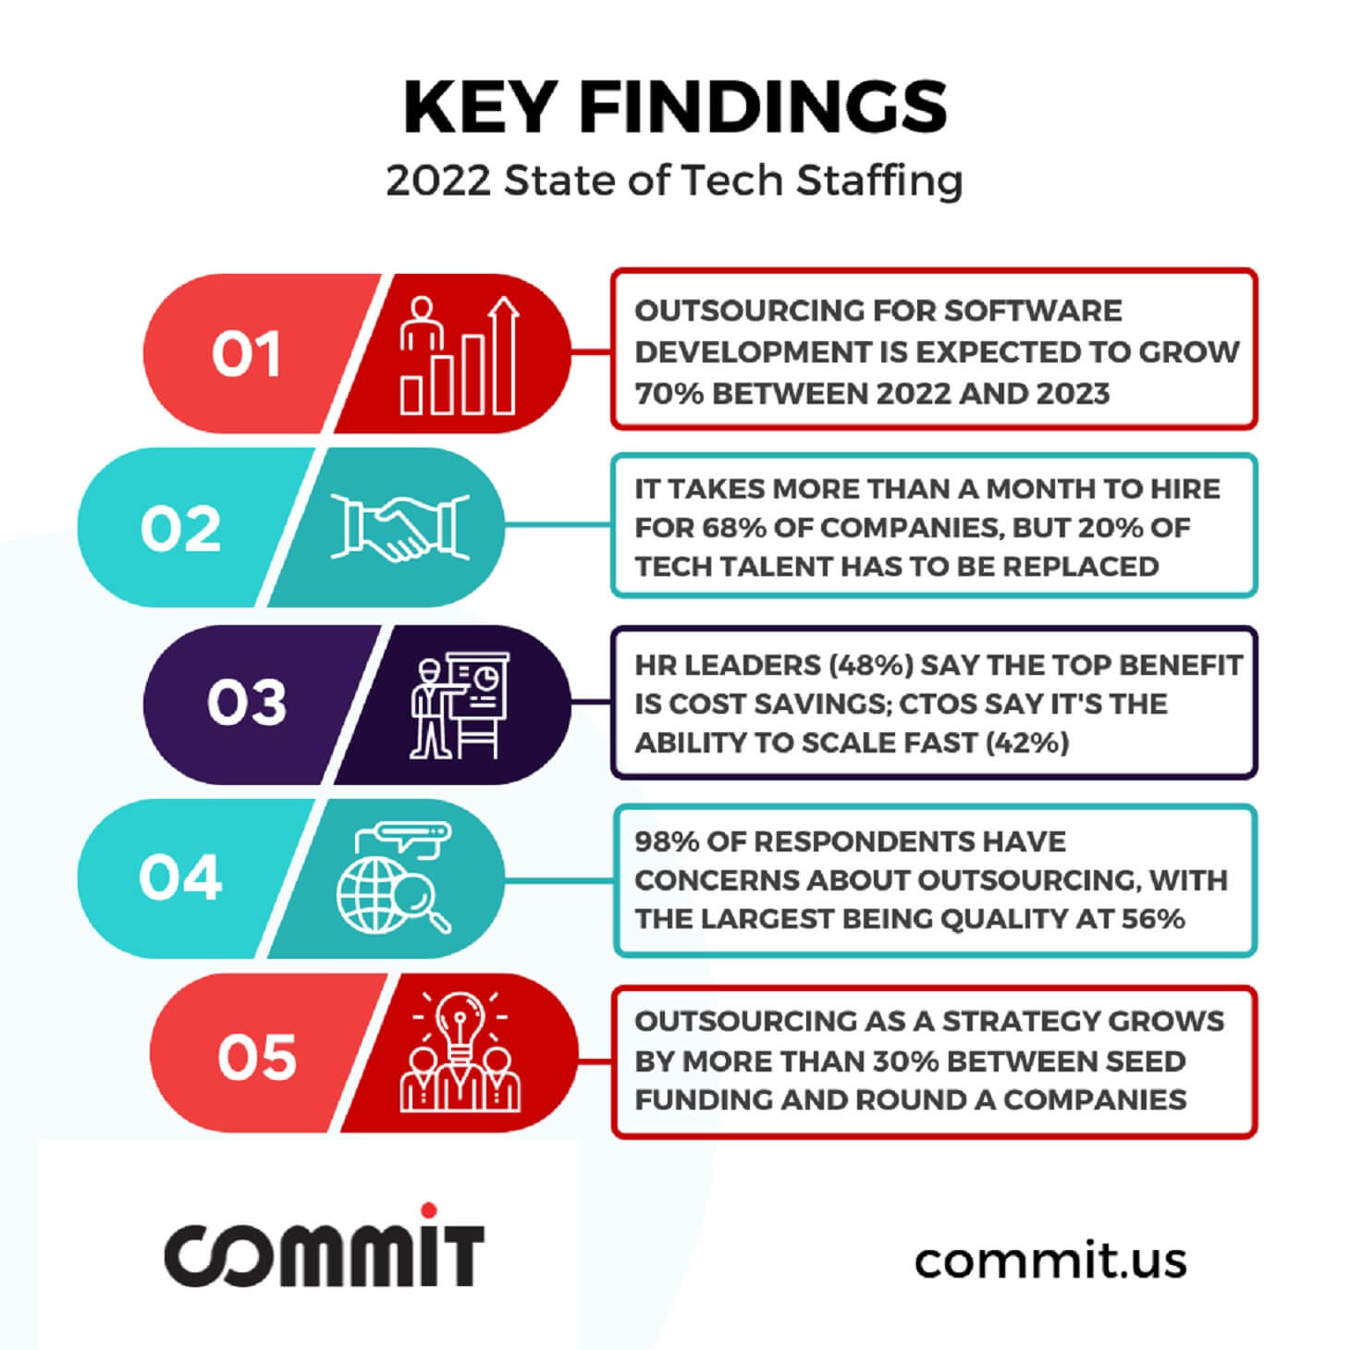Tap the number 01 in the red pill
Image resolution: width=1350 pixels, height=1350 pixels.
(247, 354)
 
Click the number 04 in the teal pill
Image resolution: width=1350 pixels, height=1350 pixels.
(180, 877)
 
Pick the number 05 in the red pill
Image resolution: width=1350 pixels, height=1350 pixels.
(257, 1057)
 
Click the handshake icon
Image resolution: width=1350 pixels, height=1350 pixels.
(399, 528)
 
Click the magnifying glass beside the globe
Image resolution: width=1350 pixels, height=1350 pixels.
(421, 902)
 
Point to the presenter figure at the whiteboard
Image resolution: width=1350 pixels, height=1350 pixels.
(429, 709)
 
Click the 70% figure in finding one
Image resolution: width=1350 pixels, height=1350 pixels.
(669, 394)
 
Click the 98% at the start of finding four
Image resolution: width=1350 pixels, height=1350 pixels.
(668, 841)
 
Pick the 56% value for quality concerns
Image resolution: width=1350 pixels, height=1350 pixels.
(1152, 919)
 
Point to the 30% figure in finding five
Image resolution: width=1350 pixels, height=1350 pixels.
(906, 1062)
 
